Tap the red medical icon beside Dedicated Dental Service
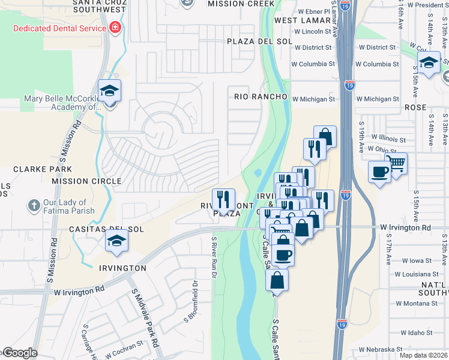[114, 28]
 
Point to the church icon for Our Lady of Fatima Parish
[34, 206]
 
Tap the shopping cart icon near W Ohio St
[396, 163]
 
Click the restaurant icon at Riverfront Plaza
[223, 199]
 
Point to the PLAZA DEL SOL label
[259, 41]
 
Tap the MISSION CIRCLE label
[86, 181]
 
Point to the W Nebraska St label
[381, 349]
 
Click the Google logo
[20, 353]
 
